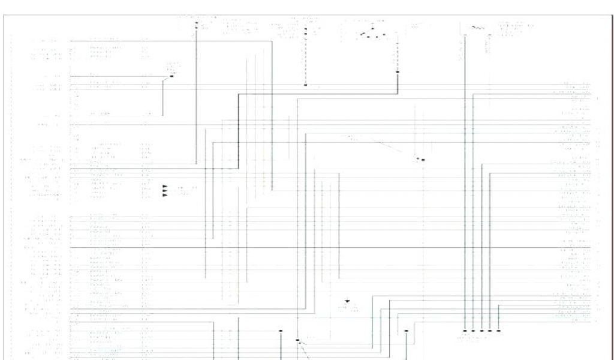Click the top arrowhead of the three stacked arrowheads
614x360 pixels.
165,186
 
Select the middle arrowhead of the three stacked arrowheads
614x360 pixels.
165,191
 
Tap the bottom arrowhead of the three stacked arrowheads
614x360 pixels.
165,196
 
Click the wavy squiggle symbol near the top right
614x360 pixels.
477,27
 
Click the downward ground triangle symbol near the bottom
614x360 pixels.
347,301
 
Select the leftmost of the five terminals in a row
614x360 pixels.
465,331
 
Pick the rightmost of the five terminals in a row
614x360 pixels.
498,331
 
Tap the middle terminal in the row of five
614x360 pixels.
481,331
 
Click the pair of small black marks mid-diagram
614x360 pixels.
420,160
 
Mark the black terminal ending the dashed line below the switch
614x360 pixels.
398,72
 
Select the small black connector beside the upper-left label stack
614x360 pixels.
172,76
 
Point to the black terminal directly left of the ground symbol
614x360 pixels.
280,330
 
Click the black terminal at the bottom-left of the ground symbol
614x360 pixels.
297,340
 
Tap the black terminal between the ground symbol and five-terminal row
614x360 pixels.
407,331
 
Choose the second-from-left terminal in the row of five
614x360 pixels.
473,331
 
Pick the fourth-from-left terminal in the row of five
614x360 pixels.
490,331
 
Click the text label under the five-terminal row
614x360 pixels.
474,338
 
